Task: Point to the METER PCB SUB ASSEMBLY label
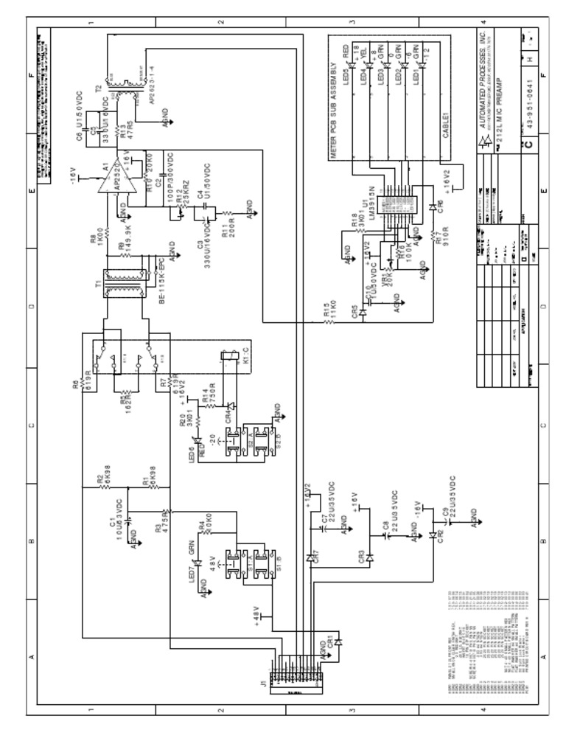pyautogui.click(x=333, y=111)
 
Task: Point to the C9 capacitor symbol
pyautogui.click(x=450, y=521)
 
